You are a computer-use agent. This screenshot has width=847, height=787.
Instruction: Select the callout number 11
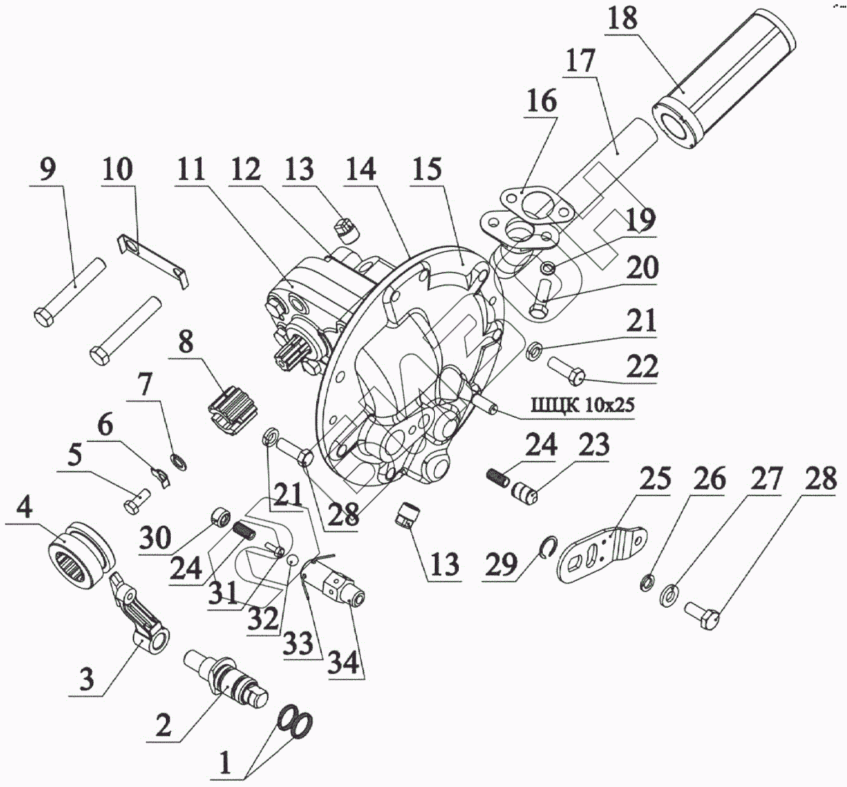pos(191,169)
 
